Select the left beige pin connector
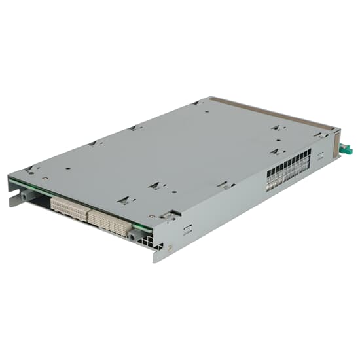coord(69,207)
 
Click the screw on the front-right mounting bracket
coord(169,248)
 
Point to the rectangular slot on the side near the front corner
coord(188,230)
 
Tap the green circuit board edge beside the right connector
coord(139,227)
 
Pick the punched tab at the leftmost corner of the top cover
coord(30,169)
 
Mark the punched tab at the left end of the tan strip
coord(199,103)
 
